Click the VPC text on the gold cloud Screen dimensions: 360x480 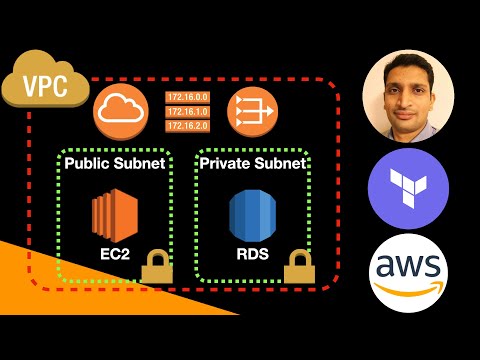tap(44, 85)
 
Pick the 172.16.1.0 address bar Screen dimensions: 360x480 tap(186, 111)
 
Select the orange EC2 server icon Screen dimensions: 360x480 tap(112, 213)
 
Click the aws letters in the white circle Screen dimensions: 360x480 tap(406, 266)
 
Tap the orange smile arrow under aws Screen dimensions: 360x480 tap(406, 289)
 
